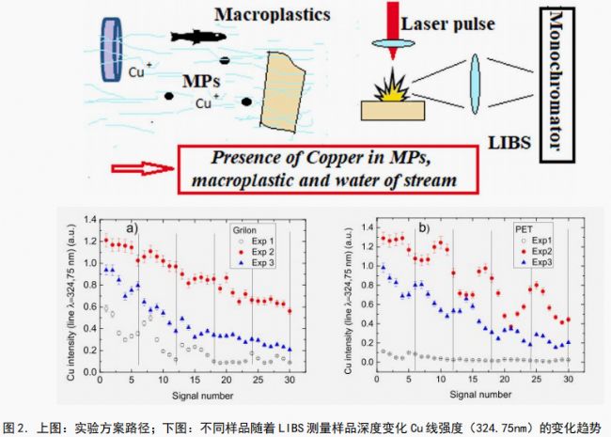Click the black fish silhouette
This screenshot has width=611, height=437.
(x=200, y=37)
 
